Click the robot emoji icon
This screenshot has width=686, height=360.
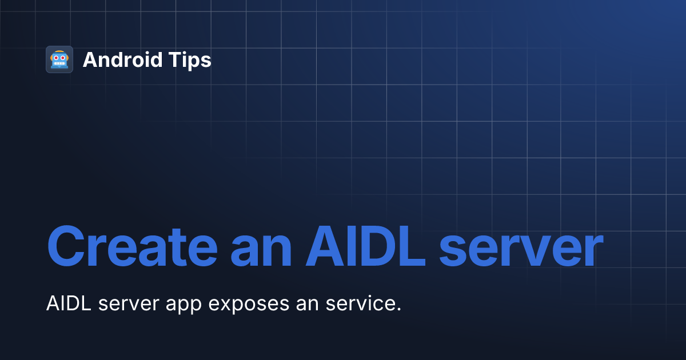click(x=59, y=59)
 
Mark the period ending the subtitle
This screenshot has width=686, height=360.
click(x=398, y=310)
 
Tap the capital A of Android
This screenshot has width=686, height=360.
click(x=90, y=60)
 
